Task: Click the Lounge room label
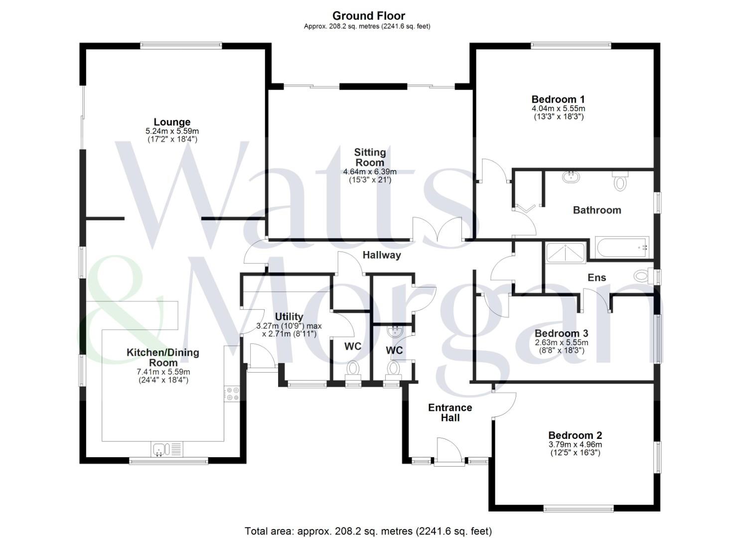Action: pyautogui.click(x=172, y=122)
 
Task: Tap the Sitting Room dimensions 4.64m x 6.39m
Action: pyautogui.click(x=370, y=172)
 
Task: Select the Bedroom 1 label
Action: pyautogui.click(x=558, y=99)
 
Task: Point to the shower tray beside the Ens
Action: pyautogui.click(x=566, y=253)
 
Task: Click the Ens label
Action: pyautogui.click(x=596, y=277)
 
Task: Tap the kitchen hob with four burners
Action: pyautogui.click(x=232, y=394)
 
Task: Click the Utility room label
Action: pyautogui.click(x=289, y=317)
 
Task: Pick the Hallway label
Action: pyautogui.click(x=382, y=255)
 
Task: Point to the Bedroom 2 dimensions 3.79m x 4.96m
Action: pyautogui.click(x=575, y=445)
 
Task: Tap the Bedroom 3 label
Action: pyautogui.click(x=561, y=333)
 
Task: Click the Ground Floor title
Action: pyautogui.click(x=369, y=15)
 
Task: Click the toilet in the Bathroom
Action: pyautogui.click(x=619, y=182)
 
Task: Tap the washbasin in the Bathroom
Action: pyautogui.click(x=571, y=176)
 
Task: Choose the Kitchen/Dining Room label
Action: pyautogui.click(x=163, y=357)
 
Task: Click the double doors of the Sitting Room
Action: pyautogui.click(x=438, y=230)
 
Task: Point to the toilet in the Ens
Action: pyautogui.click(x=643, y=275)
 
